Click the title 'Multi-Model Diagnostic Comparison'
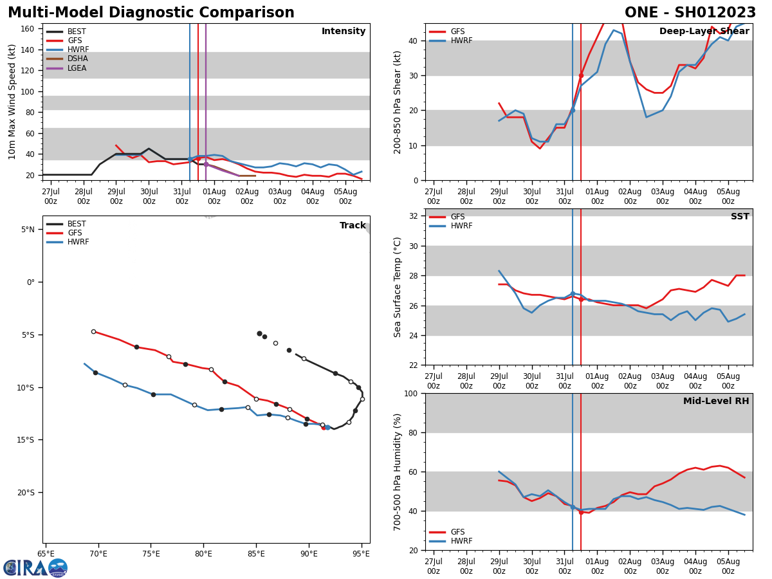tap(151, 13)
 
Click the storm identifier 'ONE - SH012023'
tap(690, 13)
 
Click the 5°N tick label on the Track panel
tap(28, 230)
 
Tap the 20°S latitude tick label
tap(26, 493)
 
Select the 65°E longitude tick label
tap(46, 553)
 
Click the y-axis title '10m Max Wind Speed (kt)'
tap(12, 102)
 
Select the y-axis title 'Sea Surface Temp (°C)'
tap(398, 287)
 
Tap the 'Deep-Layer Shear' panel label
tap(704, 32)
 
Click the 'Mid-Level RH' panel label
tap(716, 401)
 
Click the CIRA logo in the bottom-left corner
tap(35, 567)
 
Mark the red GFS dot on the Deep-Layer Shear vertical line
tap(581, 75)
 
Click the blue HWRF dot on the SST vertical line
tap(573, 293)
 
